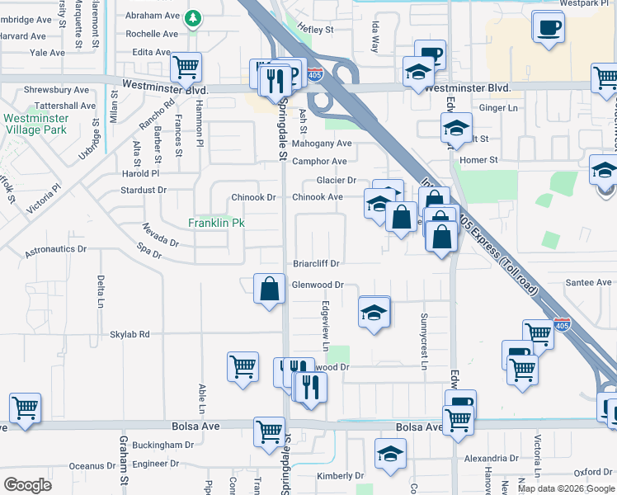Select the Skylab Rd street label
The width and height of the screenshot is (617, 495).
(x=131, y=334)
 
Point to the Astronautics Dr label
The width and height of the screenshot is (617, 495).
(x=55, y=248)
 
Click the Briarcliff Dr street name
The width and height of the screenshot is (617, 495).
(x=317, y=264)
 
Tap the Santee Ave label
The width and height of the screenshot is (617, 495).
(x=589, y=282)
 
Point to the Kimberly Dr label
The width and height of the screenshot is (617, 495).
(x=340, y=476)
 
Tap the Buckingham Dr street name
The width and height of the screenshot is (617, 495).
(x=166, y=445)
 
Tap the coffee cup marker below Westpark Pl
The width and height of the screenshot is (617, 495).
(x=549, y=27)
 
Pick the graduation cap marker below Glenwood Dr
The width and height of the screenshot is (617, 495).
(x=374, y=312)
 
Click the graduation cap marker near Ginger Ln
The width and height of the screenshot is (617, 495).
(x=456, y=128)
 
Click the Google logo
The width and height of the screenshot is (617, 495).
(x=28, y=485)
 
